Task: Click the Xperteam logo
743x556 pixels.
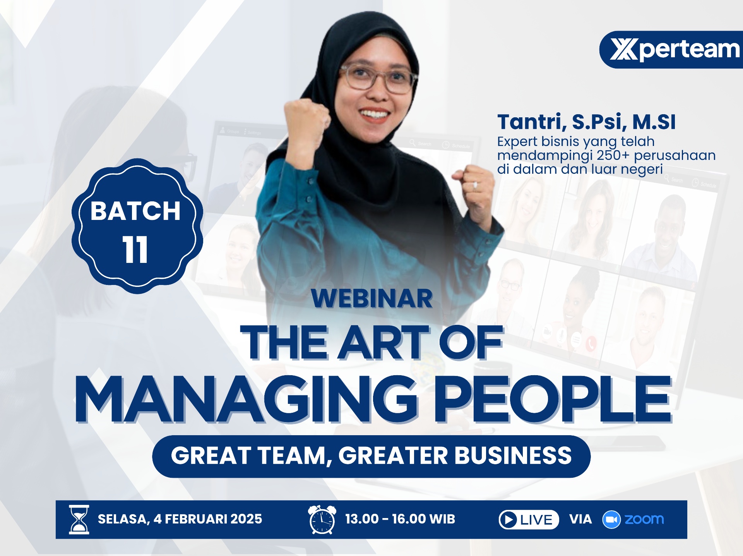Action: [674, 50]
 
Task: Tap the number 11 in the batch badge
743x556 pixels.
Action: [135, 250]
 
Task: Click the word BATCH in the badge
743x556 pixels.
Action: [135, 211]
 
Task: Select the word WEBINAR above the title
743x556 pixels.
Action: [372, 299]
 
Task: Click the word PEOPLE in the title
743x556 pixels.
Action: [553, 399]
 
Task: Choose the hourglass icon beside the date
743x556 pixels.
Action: [79, 520]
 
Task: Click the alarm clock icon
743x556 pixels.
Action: [322, 520]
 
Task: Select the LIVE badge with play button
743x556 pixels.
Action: [529, 520]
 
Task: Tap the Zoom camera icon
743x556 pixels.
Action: [611, 520]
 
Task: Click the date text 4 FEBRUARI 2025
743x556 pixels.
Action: [208, 519]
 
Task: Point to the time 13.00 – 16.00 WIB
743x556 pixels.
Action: [400, 519]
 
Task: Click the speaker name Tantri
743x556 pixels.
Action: [532, 122]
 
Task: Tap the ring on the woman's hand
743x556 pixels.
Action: [475, 185]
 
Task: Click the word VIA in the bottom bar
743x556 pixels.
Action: [580, 519]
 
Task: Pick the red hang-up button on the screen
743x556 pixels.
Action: [591, 344]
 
